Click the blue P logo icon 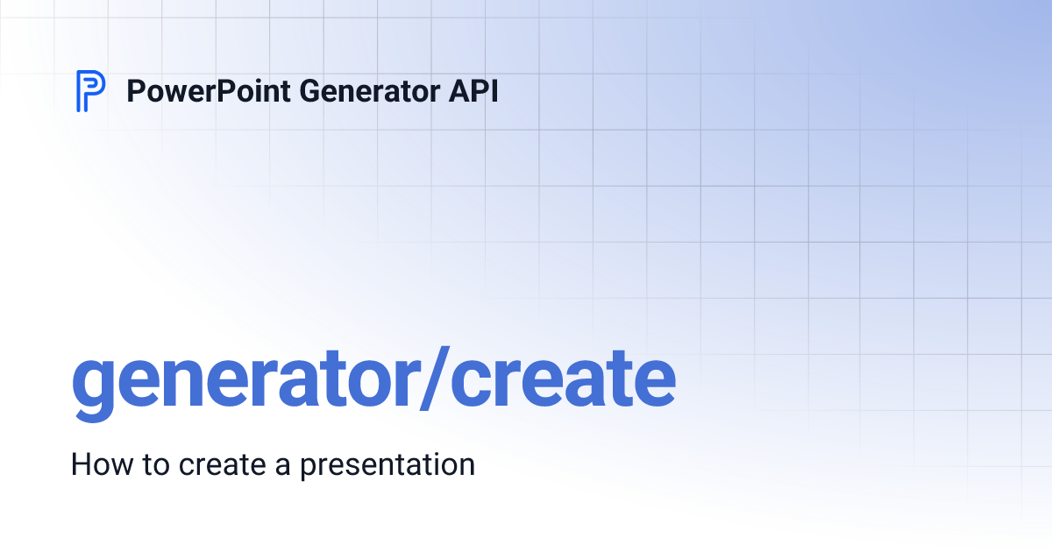click(x=90, y=91)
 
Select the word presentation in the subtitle click(x=387, y=465)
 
